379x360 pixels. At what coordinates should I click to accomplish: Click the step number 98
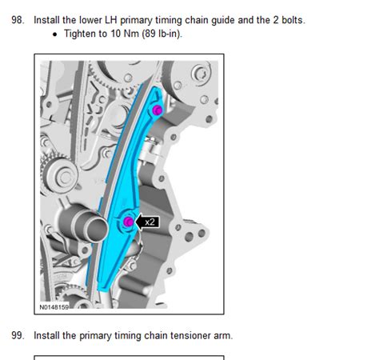coord(18,20)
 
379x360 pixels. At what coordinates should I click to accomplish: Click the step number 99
coord(18,335)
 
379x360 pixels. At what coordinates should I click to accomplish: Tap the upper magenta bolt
coord(158,110)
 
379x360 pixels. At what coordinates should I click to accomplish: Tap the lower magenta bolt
coord(129,222)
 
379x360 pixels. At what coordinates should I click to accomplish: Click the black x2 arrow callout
coord(147,222)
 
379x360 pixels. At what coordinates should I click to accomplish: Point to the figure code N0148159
coord(54,307)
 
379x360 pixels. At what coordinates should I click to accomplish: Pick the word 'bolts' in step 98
coord(292,20)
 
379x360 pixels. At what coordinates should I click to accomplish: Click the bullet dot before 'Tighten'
coord(55,34)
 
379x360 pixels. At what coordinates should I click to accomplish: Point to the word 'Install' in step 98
coord(46,20)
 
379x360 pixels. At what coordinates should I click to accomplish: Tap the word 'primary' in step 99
coord(95,336)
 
